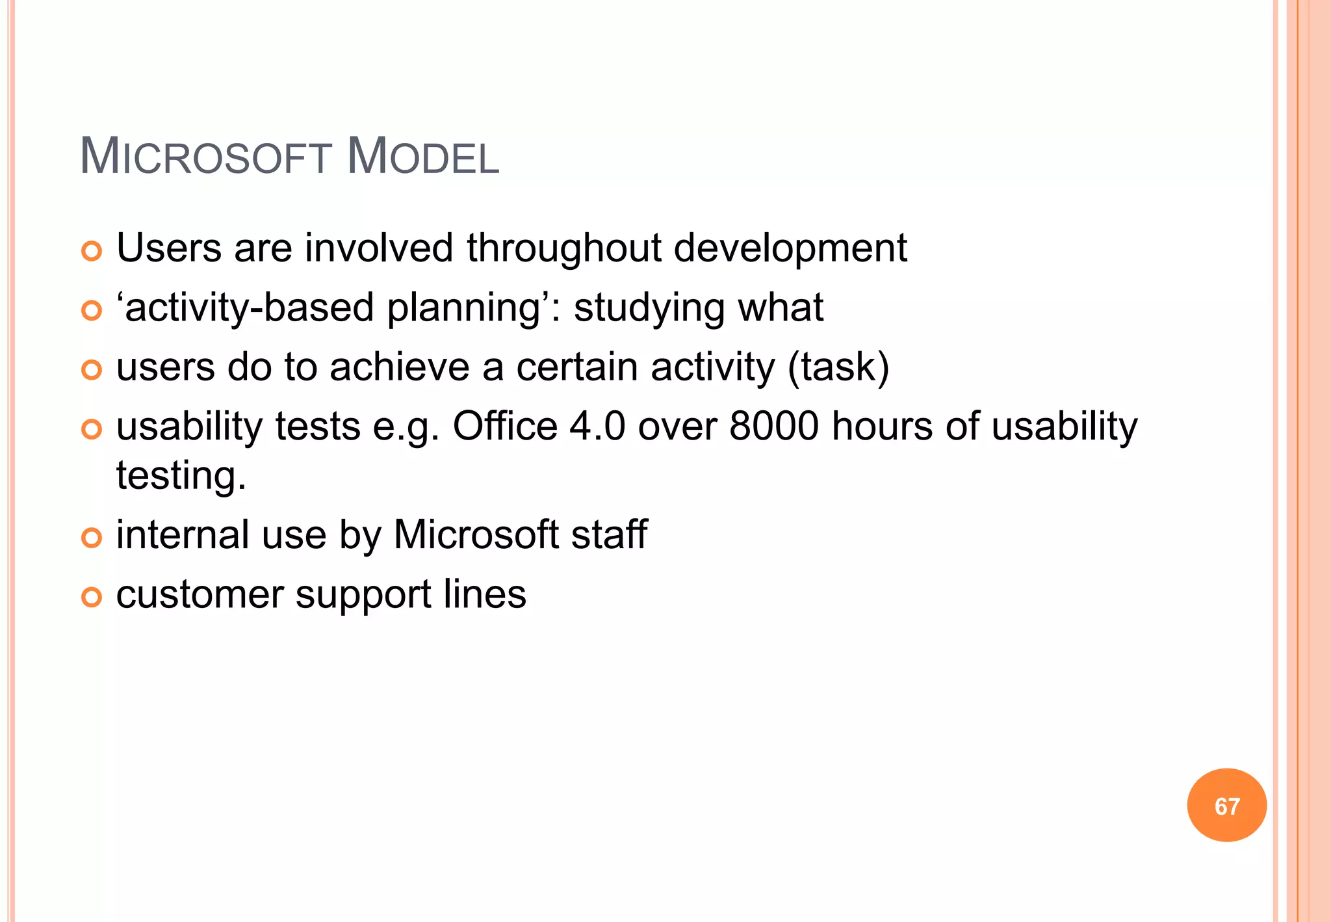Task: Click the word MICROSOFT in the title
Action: pos(206,157)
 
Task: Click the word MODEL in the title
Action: pos(423,157)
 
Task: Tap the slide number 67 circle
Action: pos(1226,806)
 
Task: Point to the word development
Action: pos(790,249)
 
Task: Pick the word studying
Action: pos(649,308)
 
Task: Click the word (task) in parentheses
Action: pos(838,367)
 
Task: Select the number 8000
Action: pos(773,427)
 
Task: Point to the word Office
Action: pos(505,427)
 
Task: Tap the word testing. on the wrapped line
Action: pos(181,476)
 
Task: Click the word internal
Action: pos(183,534)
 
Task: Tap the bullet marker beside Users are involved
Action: pos(92,251)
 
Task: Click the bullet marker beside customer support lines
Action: pos(92,597)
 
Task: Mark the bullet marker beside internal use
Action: pos(92,538)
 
